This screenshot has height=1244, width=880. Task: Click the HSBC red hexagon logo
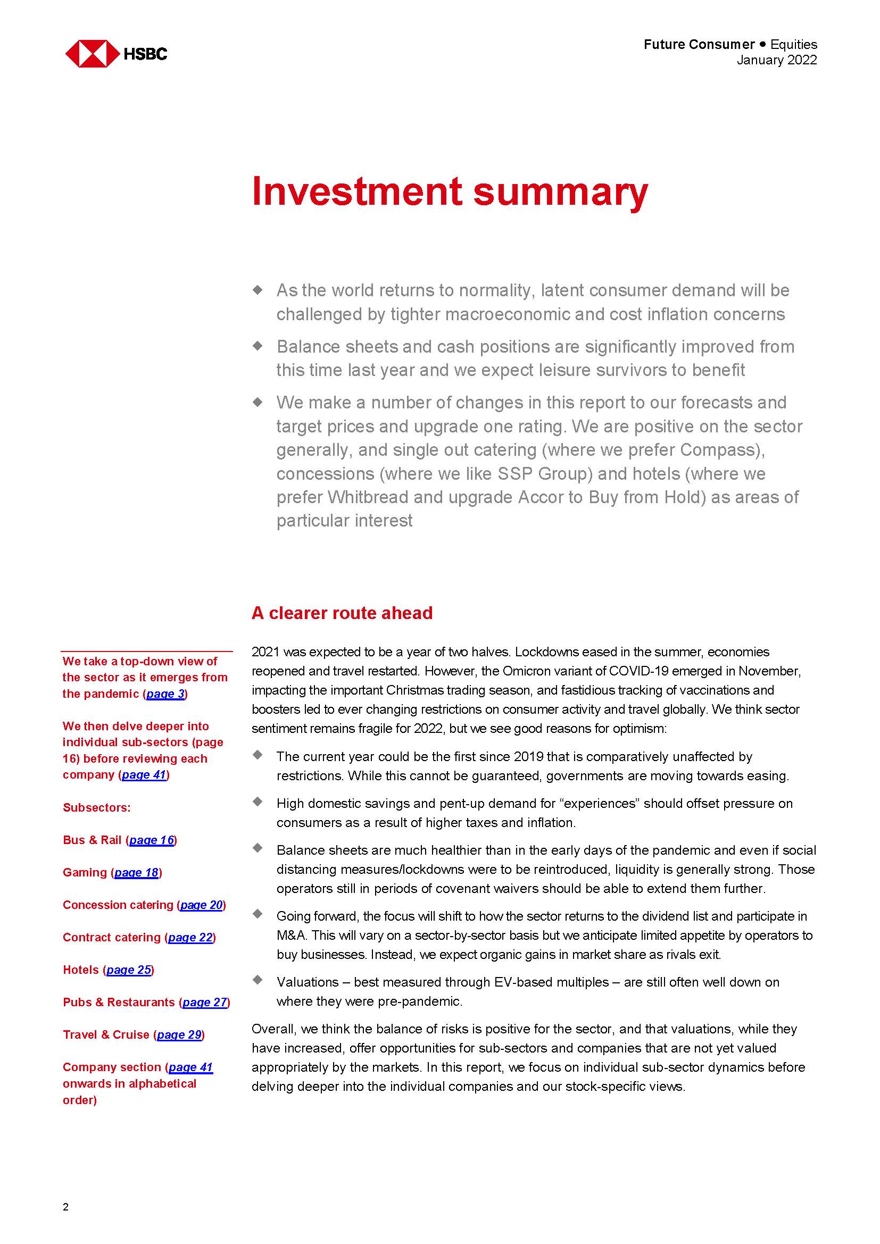point(92,54)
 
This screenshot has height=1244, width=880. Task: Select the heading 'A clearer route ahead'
point(342,613)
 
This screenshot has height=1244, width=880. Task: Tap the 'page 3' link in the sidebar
point(166,694)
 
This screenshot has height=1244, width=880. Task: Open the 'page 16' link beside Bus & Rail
point(152,840)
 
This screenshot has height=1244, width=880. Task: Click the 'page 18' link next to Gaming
point(137,872)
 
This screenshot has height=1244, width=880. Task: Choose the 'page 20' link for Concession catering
point(202,905)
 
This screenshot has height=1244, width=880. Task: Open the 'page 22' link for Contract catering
point(190,937)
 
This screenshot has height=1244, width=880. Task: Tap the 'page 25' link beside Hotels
point(128,970)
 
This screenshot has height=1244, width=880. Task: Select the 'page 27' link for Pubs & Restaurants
point(205,1003)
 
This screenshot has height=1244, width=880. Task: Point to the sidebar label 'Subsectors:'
point(96,807)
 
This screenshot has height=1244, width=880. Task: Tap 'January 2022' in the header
point(776,60)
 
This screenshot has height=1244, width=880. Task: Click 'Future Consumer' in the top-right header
point(699,45)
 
